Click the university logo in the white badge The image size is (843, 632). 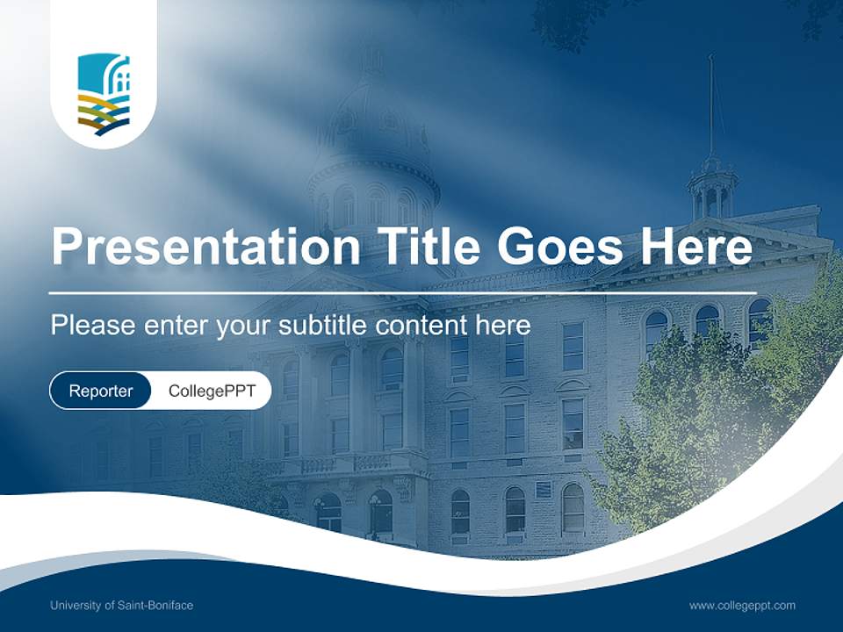104,95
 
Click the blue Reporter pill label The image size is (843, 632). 100,391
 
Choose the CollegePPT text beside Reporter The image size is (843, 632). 212,391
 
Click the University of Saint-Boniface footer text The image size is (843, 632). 121,606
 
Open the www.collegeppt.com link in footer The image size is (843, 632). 742,606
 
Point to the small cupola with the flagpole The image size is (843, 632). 711,189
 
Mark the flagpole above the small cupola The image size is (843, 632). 711,105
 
